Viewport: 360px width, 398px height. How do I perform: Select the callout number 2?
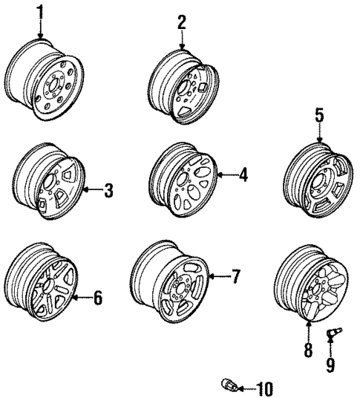pyautogui.click(x=180, y=22)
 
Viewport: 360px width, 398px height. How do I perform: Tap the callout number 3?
pyautogui.click(x=108, y=191)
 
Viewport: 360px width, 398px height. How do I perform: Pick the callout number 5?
pyautogui.click(x=319, y=116)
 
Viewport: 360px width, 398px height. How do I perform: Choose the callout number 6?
pyautogui.click(x=97, y=298)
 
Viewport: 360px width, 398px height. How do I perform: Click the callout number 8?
pyautogui.click(x=308, y=350)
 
